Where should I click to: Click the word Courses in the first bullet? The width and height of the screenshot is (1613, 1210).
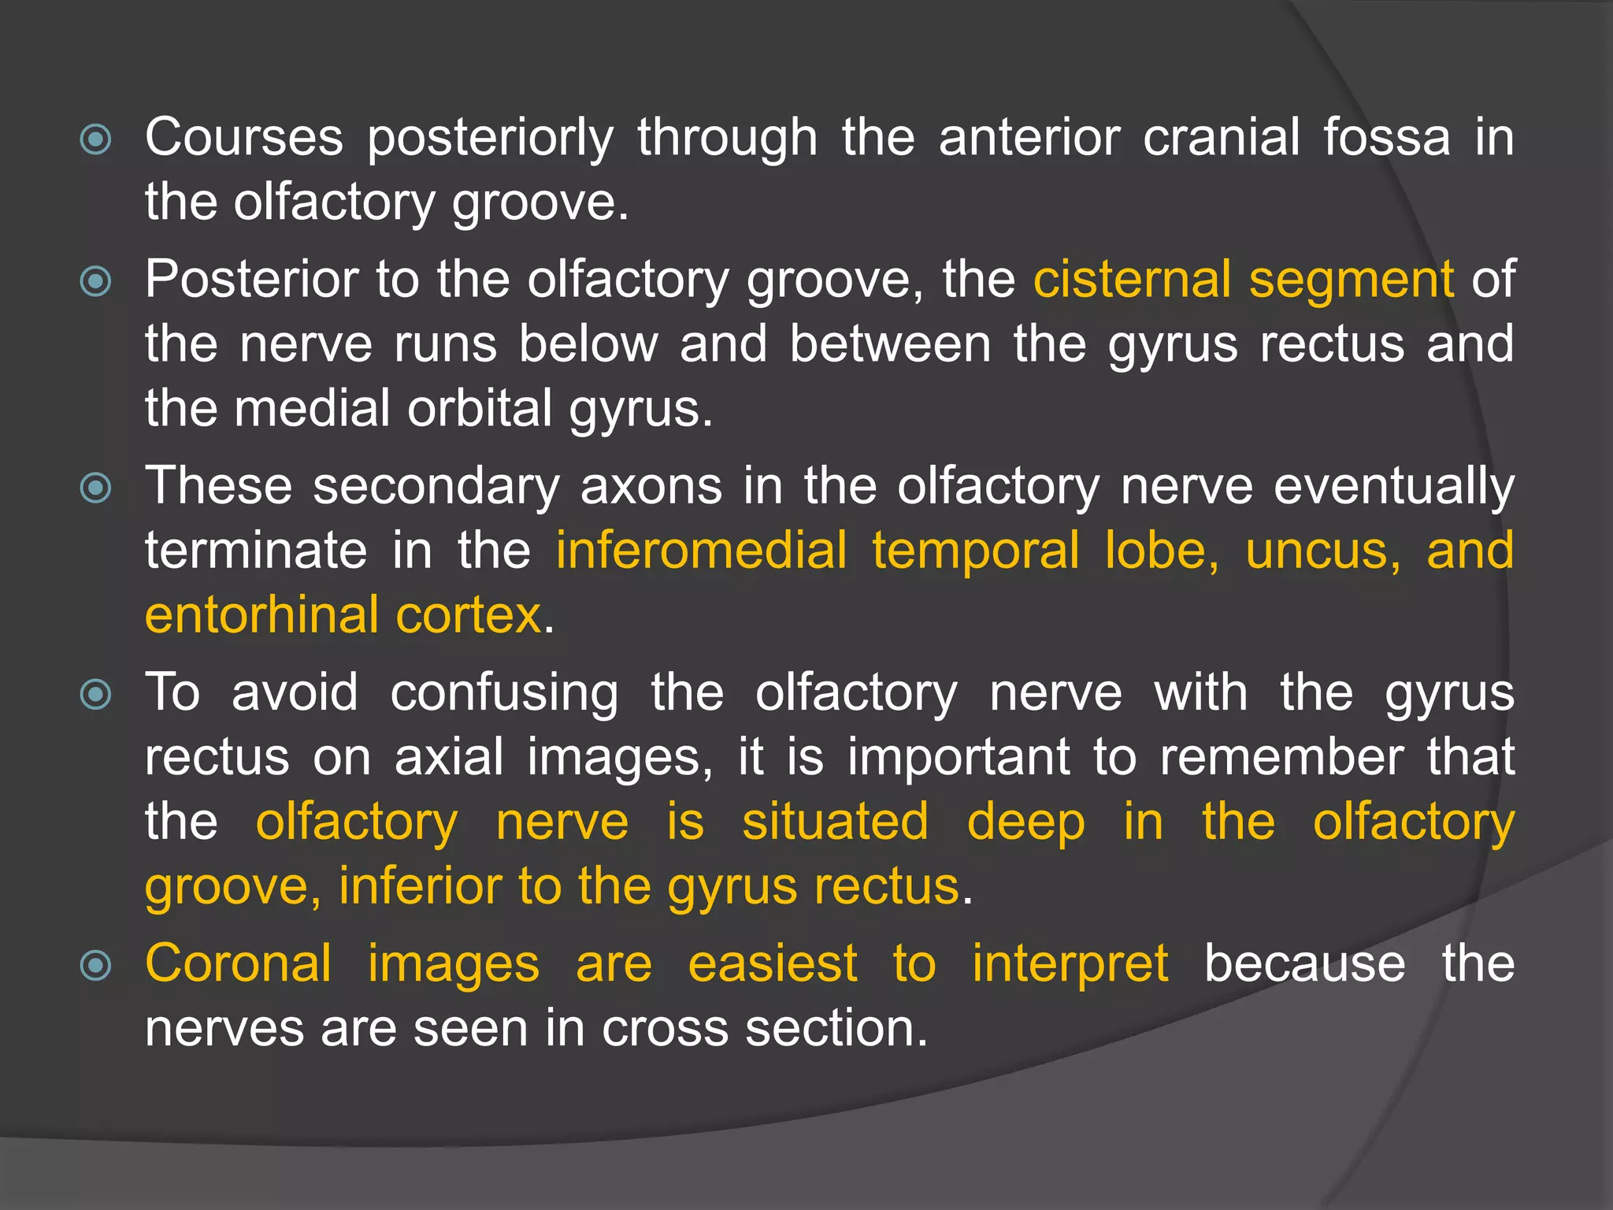tap(244, 138)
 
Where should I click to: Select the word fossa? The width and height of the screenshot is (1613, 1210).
tap(1386, 138)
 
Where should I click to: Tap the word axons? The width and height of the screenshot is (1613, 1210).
tap(651, 486)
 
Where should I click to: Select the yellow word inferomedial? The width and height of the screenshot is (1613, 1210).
tap(702, 551)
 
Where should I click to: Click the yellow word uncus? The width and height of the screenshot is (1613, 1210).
tap(1323, 551)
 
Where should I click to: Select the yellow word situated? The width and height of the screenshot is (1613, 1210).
tap(836, 822)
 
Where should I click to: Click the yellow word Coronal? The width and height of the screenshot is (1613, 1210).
tap(239, 963)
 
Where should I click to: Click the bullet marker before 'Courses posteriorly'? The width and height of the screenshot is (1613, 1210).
tap(96, 140)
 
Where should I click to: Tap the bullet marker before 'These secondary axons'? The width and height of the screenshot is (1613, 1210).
tap(96, 488)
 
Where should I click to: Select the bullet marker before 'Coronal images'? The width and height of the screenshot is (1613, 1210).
tap(96, 966)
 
